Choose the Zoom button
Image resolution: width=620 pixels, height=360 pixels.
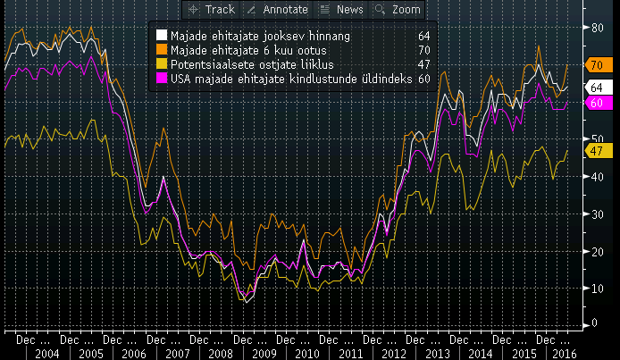tap(398, 9)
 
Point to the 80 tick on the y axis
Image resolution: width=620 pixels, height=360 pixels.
tap(597, 28)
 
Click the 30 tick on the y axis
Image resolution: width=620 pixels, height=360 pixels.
tap(597, 214)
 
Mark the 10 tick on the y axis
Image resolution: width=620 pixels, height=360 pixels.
tap(597, 289)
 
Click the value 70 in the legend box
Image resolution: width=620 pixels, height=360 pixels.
tap(423, 50)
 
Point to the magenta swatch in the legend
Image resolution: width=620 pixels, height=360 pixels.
tap(162, 79)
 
